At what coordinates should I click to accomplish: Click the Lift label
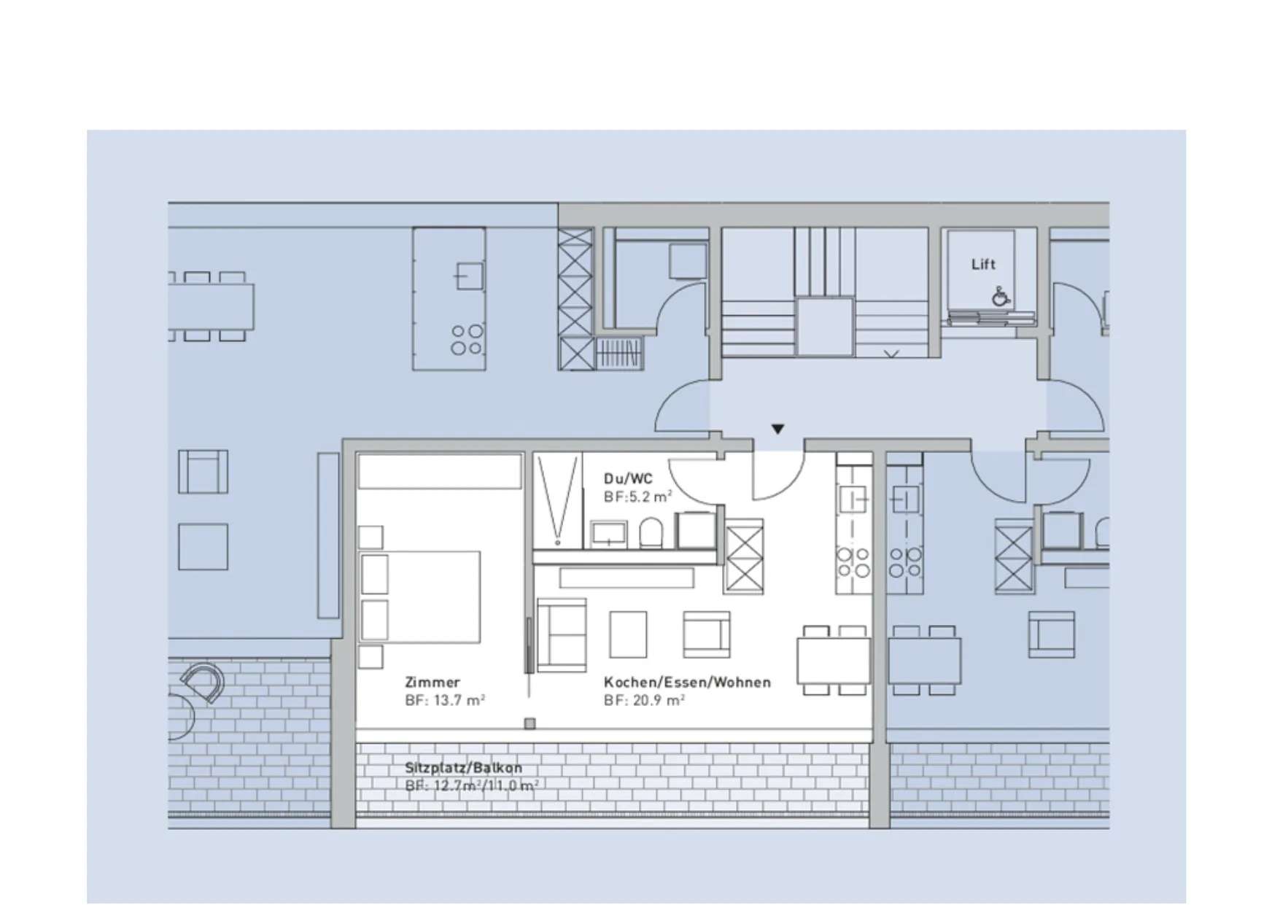point(983,264)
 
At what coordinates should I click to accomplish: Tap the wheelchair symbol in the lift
point(1001,296)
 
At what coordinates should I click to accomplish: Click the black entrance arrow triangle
point(778,429)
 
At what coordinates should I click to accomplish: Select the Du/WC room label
point(628,478)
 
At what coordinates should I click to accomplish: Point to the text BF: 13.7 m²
point(445,700)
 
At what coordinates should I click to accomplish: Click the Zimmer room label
point(433,683)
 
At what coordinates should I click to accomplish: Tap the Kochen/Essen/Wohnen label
point(687,683)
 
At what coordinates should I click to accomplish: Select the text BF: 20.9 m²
point(644,700)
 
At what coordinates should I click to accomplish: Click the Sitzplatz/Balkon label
point(464,768)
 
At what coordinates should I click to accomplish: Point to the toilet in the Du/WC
point(651,533)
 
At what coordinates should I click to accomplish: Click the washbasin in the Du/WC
point(608,534)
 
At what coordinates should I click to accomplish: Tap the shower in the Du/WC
point(558,500)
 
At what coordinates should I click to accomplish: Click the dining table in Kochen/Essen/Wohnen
point(833,660)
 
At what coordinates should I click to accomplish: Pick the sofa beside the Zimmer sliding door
point(562,634)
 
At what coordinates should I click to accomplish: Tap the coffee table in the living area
point(628,634)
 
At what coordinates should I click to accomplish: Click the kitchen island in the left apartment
point(449,299)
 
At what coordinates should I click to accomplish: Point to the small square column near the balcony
point(530,723)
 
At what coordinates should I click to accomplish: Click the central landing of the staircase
point(825,326)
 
